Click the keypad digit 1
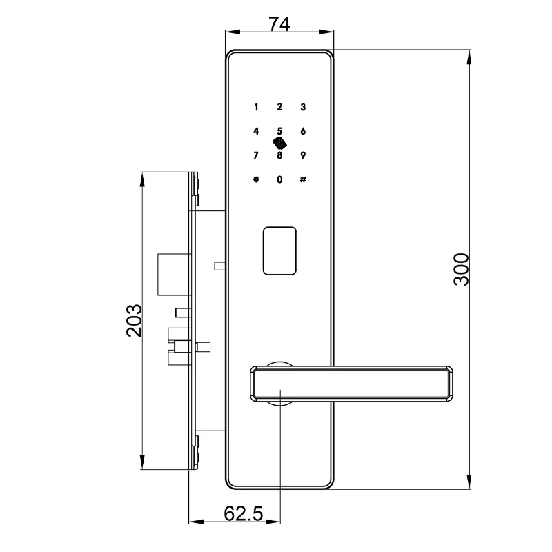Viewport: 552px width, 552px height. coord(256,107)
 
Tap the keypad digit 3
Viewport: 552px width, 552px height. coord(303,107)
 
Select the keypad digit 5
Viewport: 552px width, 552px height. coord(279,130)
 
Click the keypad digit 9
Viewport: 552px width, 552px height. coord(303,155)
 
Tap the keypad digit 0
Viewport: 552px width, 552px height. coord(279,179)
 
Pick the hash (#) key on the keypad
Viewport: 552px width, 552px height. coord(303,179)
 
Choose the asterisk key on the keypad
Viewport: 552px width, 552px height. coord(256,179)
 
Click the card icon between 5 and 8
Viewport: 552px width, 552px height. coord(279,143)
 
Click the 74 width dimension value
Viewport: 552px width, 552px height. coord(279,23)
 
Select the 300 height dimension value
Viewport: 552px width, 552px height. coord(462,269)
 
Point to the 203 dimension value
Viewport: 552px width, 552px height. coord(134,320)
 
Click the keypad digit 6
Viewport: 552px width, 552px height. coord(303,131)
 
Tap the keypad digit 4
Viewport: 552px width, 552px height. coord(256,131)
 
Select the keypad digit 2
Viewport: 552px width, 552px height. coord(279,107)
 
